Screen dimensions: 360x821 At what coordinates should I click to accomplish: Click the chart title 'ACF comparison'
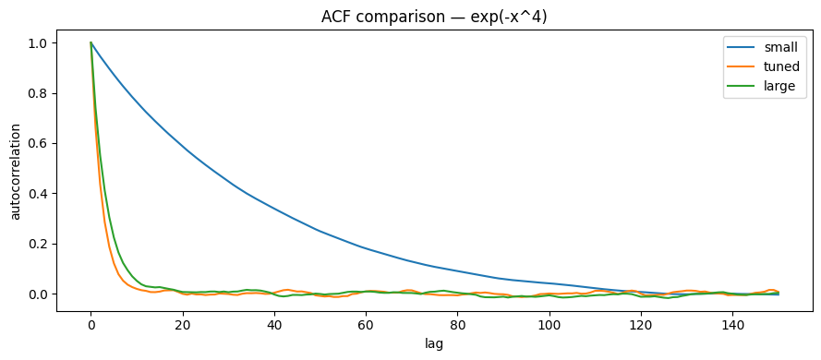point(434,16)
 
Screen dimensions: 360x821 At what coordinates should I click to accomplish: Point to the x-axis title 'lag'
point(434,343)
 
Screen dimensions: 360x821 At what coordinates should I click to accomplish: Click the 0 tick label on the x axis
point(91,325)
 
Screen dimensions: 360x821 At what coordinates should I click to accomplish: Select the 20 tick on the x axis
point(183,325)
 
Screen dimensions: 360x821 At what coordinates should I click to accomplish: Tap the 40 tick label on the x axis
point(274,325)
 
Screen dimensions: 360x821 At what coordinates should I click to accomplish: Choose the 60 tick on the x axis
point(366,325)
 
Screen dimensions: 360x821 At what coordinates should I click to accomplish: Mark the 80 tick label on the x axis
point(458,325)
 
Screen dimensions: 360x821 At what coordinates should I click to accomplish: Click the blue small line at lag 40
point(274,208)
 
